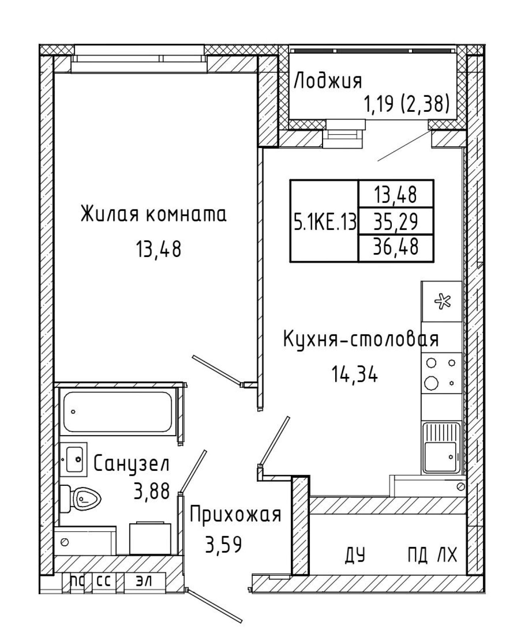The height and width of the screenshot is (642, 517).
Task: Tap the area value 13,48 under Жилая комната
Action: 158,250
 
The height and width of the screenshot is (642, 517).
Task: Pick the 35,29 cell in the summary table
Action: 395,222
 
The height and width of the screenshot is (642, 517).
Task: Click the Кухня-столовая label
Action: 361,339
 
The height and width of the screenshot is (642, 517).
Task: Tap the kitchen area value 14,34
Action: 355,374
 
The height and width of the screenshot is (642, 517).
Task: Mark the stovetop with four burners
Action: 441,373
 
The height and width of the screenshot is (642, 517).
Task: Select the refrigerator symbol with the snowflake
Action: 441,301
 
